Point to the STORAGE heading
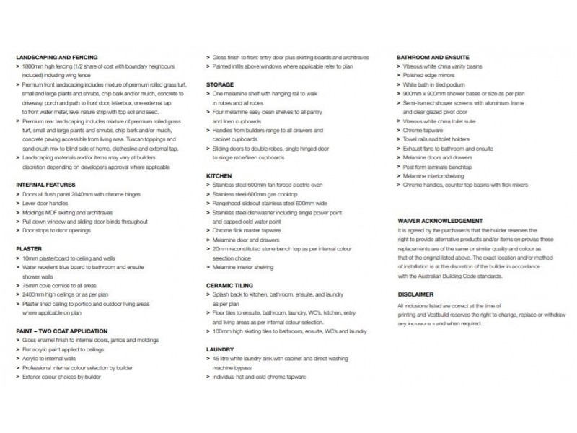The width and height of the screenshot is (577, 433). pyautogui.click(x=219, y=84)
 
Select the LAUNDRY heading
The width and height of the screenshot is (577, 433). pyautogui.click(x=219, y=349)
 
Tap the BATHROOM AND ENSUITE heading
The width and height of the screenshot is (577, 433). pyautogui.click(x=432, y=56)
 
